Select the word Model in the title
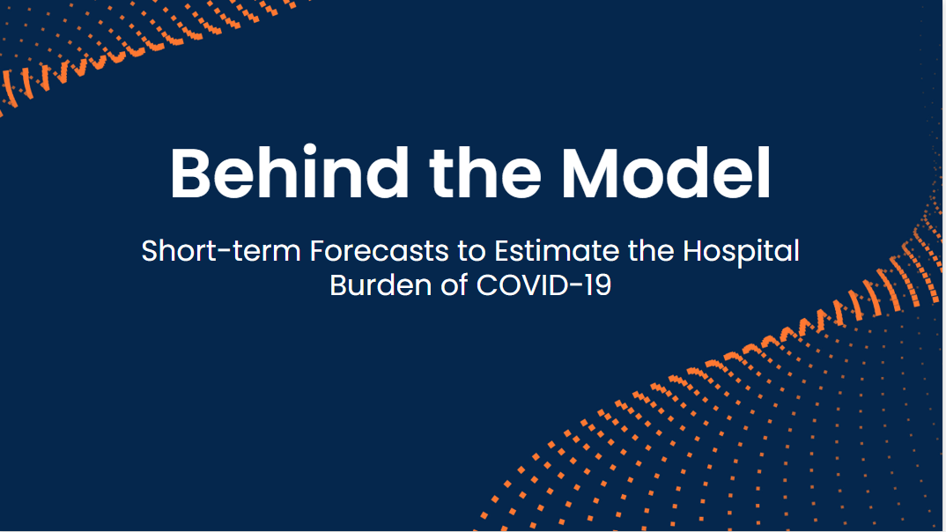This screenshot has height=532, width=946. tap(667, 174)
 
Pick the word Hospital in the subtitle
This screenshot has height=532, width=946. tap(741, 252)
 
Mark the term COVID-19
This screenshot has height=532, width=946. tap(544, 285)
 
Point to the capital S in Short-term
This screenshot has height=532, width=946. tap(151, 251)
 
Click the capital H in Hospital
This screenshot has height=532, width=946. tap(693, 251)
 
